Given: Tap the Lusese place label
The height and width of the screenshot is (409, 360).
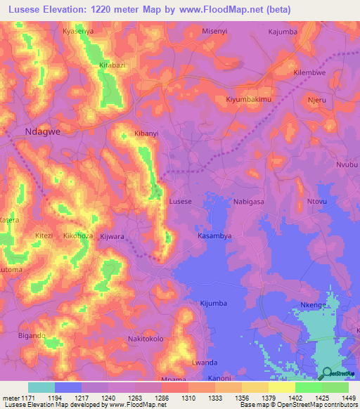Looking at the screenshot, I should click(181, 202).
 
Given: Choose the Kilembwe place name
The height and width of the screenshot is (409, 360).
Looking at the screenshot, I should click(310, 72).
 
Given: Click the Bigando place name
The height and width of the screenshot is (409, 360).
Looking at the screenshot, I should click(32, 337).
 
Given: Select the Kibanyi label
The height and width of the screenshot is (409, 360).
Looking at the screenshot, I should click(146, 133).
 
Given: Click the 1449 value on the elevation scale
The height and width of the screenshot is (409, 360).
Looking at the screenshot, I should click(349, 397).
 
